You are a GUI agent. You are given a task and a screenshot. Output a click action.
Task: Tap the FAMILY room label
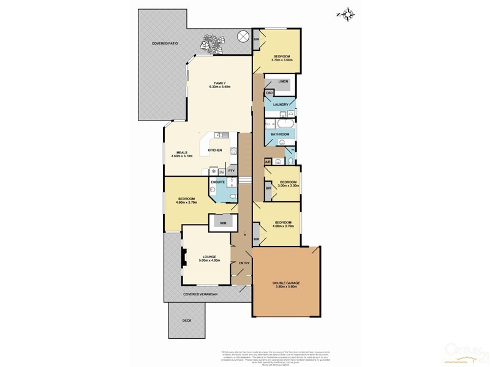pos(220,83)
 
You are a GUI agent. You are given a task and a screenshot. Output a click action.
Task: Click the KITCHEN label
pos(214,150)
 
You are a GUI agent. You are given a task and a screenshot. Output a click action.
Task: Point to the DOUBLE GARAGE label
pos(285,283)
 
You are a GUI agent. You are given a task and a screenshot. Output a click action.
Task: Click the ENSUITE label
pos(218,182)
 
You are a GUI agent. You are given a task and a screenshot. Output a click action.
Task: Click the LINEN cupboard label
pos(282,81)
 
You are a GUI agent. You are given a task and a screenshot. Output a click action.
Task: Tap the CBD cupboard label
pos(269,93)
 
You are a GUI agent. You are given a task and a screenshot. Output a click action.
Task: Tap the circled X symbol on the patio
pos(243,37)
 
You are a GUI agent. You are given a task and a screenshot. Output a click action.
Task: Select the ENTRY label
pos(244,264)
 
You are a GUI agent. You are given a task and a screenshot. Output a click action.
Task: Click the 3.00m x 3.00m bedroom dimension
pos(289,186)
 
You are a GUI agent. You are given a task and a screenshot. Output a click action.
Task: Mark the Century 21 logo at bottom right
pos(466,357)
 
